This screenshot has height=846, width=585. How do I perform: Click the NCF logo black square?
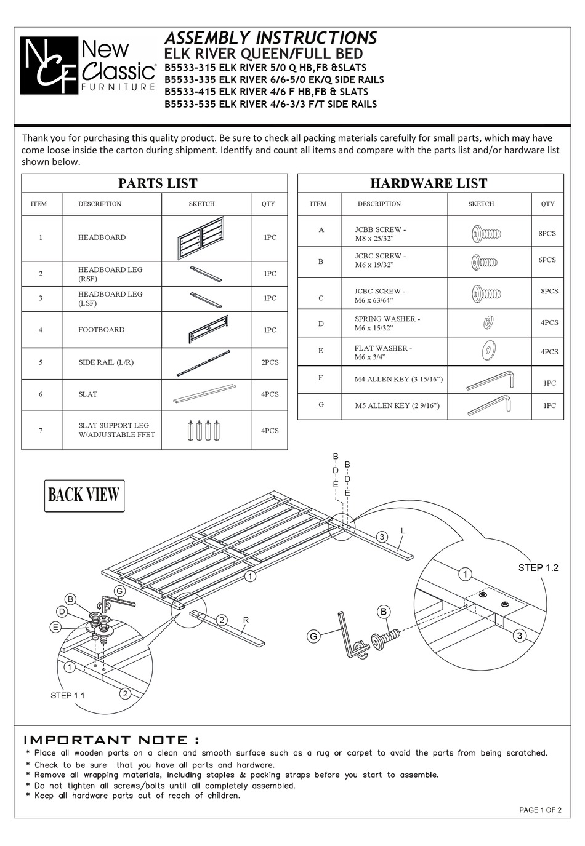point(49,65)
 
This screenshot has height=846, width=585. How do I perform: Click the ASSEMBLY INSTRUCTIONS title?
point(271,38)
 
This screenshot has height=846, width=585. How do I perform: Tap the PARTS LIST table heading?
point(158,183)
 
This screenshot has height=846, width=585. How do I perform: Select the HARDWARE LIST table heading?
point(429,183)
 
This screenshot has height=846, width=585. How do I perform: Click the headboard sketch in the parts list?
point(202,238)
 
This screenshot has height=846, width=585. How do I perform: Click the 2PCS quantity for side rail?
point(270,362)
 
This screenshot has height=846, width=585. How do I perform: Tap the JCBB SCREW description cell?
point(381,234)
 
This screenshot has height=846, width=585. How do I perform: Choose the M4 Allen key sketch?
point(490,380)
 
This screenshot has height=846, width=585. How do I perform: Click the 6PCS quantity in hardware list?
point(547,260)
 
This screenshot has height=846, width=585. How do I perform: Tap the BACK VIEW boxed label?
point(84,495)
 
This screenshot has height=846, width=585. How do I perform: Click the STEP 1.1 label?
point(68,695)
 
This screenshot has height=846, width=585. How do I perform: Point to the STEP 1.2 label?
point(538,567)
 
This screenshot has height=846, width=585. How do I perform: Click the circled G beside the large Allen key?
point(314,637)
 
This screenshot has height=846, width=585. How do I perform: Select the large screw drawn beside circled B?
point(386,637)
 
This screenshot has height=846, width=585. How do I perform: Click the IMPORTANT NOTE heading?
point(111,740)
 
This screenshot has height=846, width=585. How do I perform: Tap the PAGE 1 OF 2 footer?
point(540,810)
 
